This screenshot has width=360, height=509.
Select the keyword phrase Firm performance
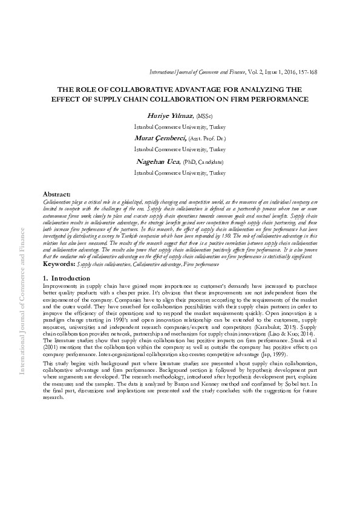[183, 265]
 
